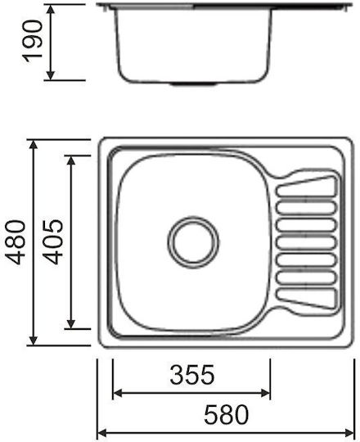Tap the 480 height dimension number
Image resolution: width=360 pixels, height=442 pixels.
(x=16, y=242)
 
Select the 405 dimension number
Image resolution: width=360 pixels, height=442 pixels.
(x=53, y=241)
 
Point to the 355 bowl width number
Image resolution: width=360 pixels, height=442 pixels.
(x=192, y=375)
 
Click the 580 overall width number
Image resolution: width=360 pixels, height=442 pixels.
(x=227, y=414)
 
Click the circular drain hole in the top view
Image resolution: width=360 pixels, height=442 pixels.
(x=193, y=242)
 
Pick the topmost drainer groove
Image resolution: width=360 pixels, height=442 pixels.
(x=307, y=186)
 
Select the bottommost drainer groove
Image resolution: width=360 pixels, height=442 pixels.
(x=307, y=298)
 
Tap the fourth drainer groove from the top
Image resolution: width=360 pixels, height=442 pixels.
(x=307, y=242)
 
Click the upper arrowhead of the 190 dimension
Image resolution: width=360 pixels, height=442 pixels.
(x=51, y=9)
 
